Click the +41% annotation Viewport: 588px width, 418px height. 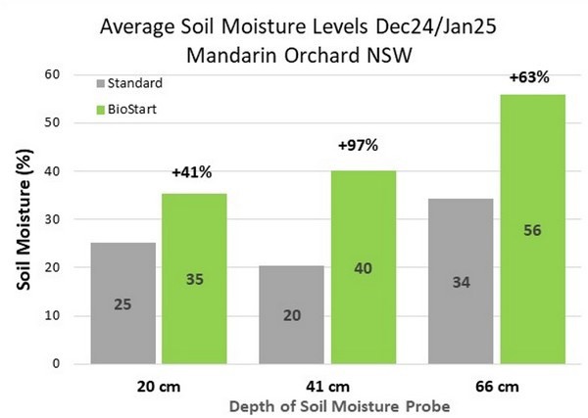click(x=192, y=173)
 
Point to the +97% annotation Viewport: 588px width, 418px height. click(x=358, y=146)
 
